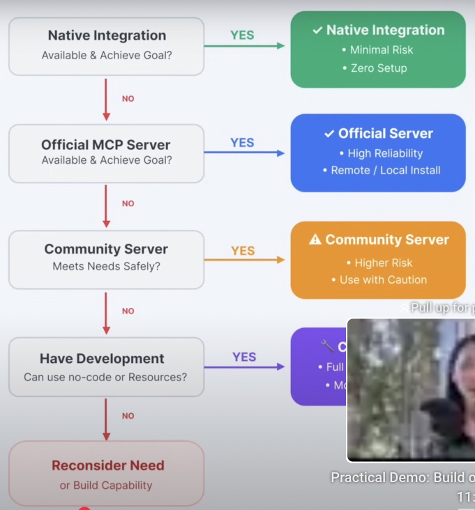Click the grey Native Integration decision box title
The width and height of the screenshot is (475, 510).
(107, 36)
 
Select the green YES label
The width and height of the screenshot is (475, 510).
(242, 35)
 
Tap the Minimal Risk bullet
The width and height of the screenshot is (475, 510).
(377, 50)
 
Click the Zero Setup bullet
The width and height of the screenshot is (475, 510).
(377, 68)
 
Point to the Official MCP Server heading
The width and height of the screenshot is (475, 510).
(106, 145)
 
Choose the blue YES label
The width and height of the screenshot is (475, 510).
(242, 143)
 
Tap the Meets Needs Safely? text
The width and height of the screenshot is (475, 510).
(106, 266)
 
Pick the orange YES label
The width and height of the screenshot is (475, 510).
(243, 251)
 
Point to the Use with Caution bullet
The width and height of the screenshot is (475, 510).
(379, 279)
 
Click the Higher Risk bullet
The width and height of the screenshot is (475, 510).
(379, 263)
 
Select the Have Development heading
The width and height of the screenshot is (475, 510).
(102, 359)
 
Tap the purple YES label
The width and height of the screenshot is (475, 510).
(244, 357)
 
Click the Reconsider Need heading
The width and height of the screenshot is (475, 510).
(108, 465)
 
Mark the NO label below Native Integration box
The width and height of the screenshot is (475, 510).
(128, 99)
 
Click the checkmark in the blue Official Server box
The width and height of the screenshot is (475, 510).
(329, 134)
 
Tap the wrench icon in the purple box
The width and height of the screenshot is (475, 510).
(327, 345)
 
